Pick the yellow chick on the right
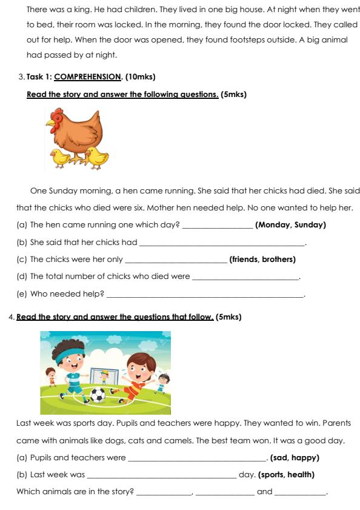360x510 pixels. (97, 156)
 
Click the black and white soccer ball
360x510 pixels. (98, 395)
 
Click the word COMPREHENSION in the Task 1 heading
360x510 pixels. (88, 77)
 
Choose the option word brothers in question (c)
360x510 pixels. (278, 260)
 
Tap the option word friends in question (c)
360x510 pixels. (244, 260)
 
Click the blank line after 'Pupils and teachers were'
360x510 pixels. (196, 460)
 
